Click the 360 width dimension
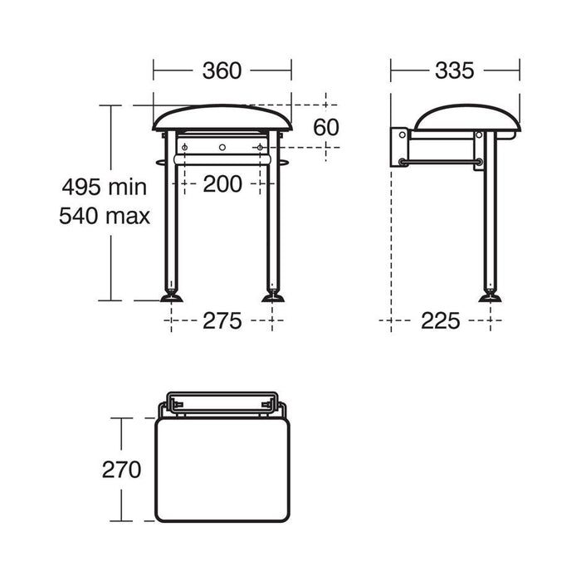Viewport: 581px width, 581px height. click(222, 71)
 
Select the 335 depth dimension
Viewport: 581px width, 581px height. click(454, 71)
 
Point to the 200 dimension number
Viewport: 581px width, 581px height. click(222, 183)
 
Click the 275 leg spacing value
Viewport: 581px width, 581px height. click(222, 321)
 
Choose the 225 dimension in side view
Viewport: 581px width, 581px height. click(440, 321)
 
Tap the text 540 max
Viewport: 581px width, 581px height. click(105, 217)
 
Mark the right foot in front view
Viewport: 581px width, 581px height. click(273, 295)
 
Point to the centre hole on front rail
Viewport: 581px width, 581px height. click(222, 148)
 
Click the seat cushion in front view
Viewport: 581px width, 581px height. click(222, 119)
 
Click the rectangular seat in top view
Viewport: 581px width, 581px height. click(222, 469)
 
